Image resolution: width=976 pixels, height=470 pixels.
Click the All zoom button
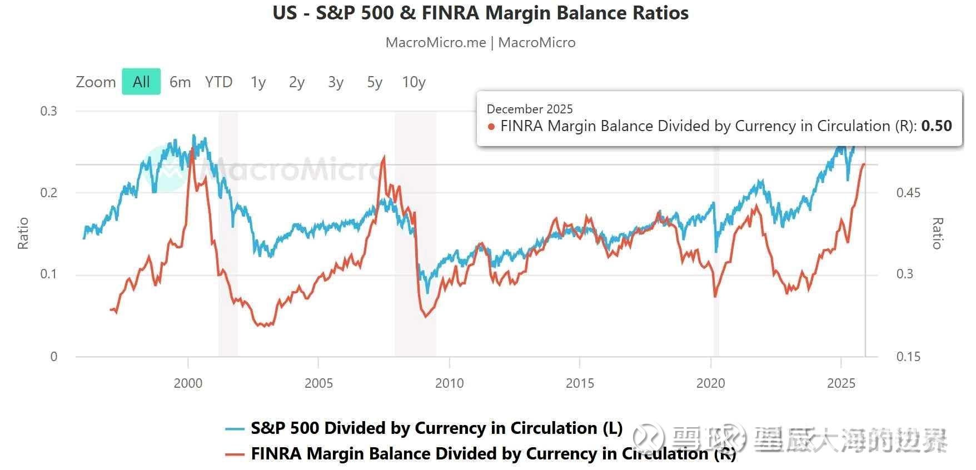click(141, 82)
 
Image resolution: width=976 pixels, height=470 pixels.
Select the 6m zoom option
click(180, 82)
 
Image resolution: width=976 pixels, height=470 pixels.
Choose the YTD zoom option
click(218, 82)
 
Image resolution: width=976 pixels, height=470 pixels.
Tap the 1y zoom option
click(258, 82)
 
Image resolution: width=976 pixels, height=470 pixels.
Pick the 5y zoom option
click(375, 82)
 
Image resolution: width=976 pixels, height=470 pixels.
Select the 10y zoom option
click(414, 82)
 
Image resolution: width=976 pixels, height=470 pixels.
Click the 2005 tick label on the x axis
click(318, 383)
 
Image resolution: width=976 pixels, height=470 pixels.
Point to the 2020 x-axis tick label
click(711, 383)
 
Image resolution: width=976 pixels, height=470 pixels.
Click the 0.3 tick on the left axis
click(49, 111)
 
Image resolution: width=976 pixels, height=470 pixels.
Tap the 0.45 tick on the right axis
click(908, 193)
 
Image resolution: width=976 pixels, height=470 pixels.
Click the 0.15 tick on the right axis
click(908, 357)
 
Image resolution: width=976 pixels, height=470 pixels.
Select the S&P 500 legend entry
click(436, 428)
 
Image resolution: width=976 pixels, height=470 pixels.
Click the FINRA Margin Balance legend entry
click(493, 454)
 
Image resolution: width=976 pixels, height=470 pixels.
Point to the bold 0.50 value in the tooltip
click(937, 126)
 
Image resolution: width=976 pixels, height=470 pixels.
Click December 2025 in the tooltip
click(529, 109)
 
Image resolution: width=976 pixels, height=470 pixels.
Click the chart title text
click(480, 13)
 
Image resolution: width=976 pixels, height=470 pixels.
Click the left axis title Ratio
click(23, 233)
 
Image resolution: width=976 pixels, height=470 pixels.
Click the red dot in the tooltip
click(491, 127)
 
